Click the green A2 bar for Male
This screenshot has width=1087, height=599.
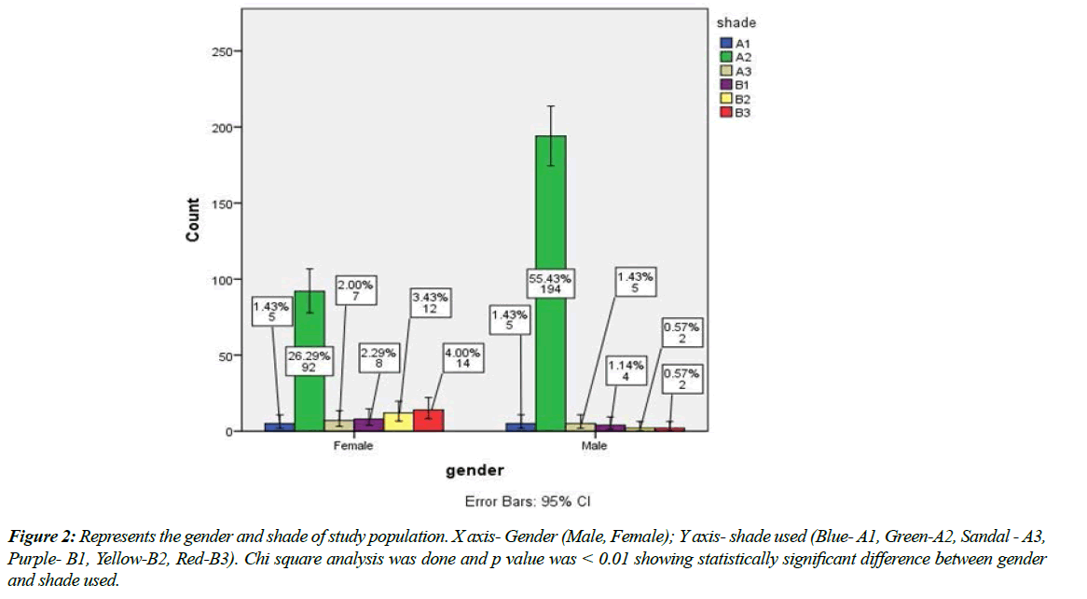click(550, 280)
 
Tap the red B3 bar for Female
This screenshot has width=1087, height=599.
click(428, 421)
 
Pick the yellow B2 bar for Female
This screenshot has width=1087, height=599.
click(398, 422)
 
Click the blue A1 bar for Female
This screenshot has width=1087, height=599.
click(280, 426)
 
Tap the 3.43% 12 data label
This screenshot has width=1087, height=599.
click(431, 303)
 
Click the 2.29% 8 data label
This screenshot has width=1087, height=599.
click(379, 359)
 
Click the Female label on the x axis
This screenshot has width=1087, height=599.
click(353, 446)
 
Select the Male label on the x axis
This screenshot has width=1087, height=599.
click(594, 446)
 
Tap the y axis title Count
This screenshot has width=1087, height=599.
click(193, 220)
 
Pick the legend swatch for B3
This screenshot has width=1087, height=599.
click(726, 112)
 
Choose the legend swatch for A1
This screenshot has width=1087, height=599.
click(726, 43)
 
